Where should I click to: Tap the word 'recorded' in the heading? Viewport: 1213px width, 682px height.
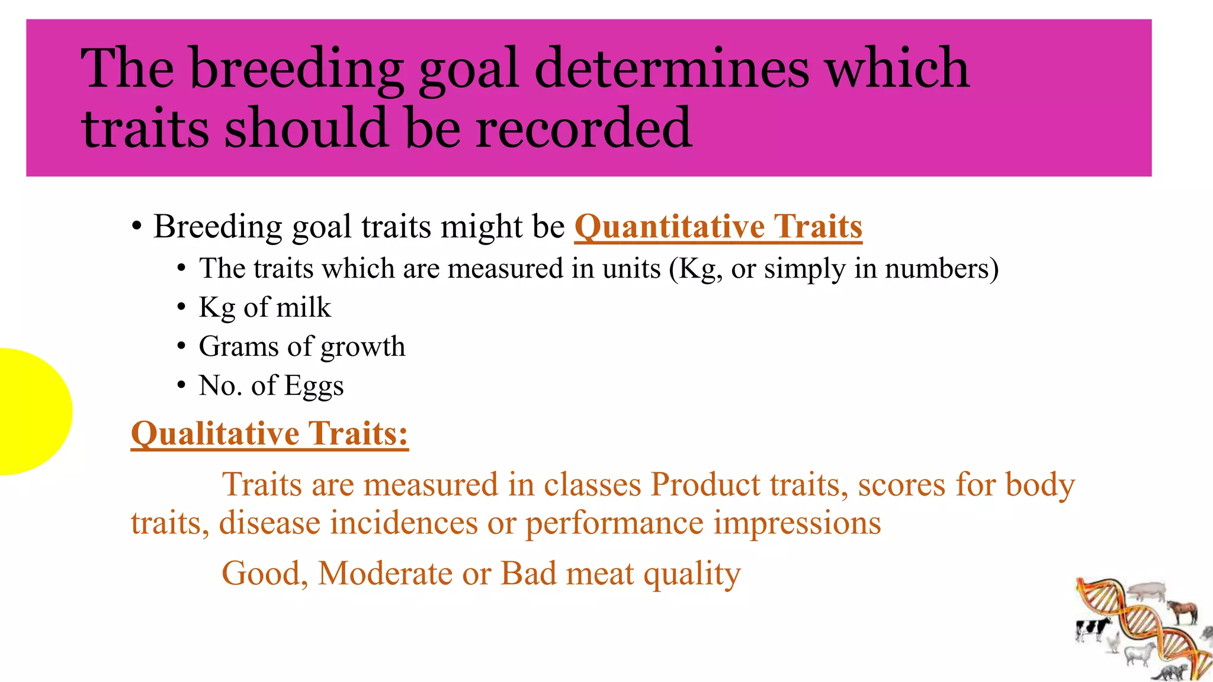(x=583, y=127)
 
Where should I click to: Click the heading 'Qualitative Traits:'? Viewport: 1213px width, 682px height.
(x=269, y=434)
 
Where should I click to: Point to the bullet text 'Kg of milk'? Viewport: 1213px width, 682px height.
(x=264, y=307)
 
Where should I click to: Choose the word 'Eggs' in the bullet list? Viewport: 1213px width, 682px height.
(x=314, y=386)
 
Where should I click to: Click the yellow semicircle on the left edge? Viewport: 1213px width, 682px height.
(x=30, y=411)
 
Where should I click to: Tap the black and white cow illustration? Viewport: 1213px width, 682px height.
(x=1092, y=629)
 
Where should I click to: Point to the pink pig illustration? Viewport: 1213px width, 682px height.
(x=1147, y=590)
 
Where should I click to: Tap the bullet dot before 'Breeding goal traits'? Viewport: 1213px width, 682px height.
(x=137, y=227)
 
